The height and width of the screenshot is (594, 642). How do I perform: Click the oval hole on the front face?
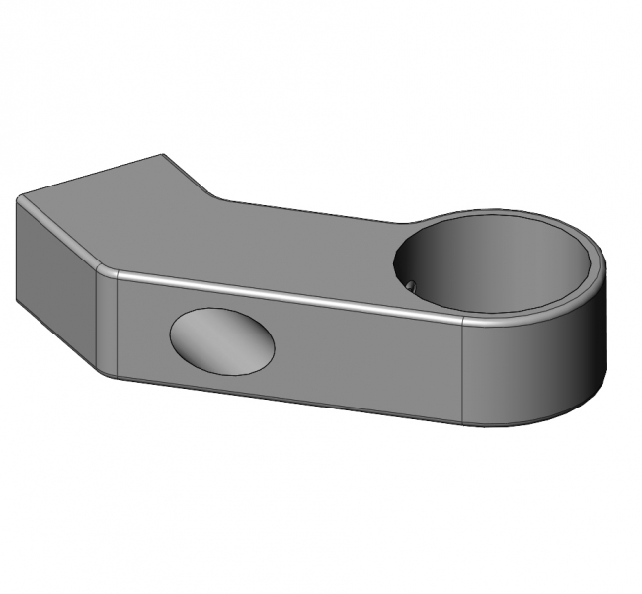222,340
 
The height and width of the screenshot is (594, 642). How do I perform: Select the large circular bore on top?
494,261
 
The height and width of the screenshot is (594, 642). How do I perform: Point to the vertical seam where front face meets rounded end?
465,370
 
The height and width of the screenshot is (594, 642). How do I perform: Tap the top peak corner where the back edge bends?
163,155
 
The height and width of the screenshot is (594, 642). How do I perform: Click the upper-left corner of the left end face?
18,200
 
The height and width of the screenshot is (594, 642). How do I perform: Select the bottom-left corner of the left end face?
17,302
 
